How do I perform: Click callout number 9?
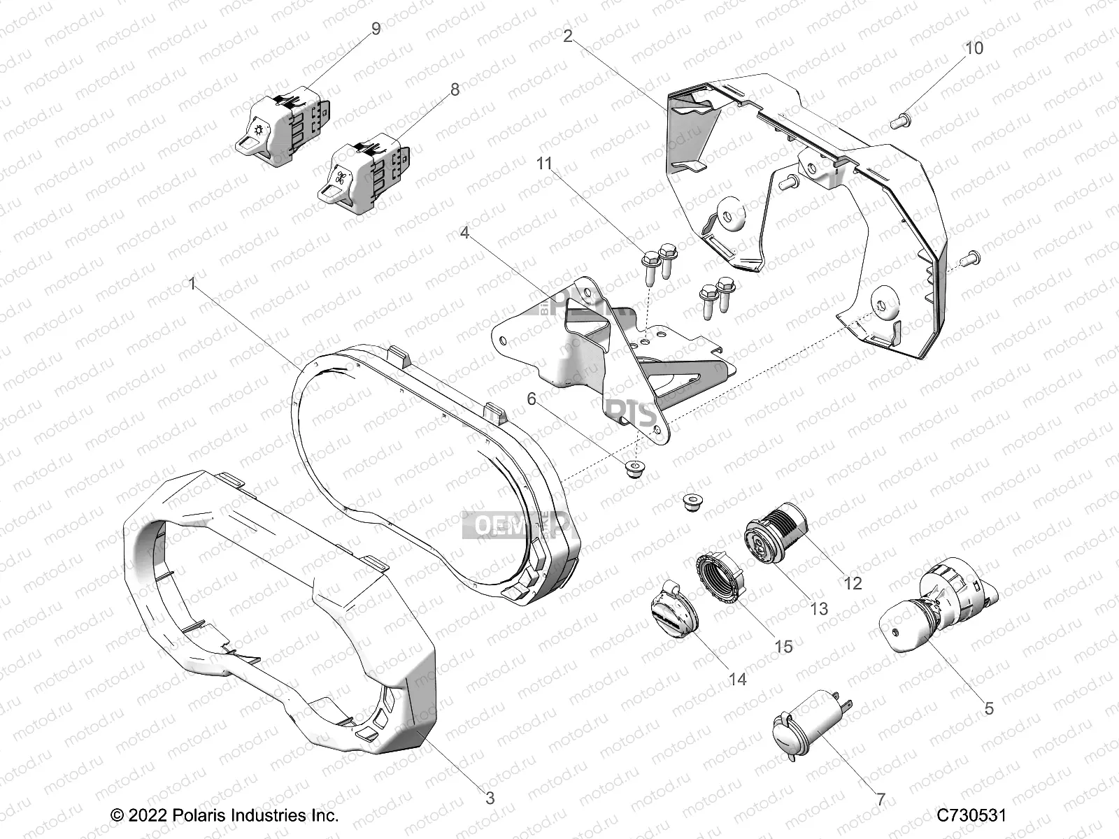click(376, 29)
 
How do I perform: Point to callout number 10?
click(974, 48)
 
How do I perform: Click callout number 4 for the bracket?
click(464, 232)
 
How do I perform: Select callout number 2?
click(568, 36)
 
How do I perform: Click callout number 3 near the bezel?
click(490, 798)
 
